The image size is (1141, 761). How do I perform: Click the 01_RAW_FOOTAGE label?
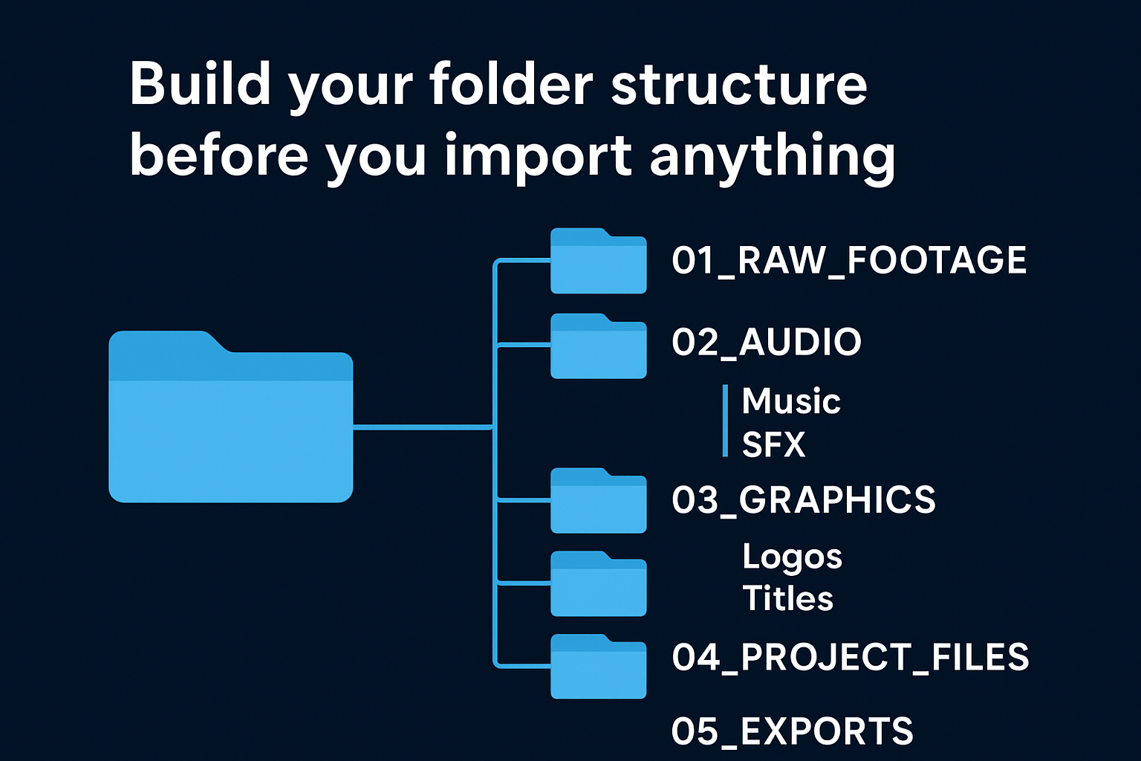click(x=848, y=260)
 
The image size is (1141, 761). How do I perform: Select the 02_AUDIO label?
click(x=766, y=342)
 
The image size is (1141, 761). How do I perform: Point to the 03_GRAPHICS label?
click(x=803, y=499)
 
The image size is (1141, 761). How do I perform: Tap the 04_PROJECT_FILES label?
click(x=850, y=657)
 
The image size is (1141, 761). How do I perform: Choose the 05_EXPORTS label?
click(x=792, y=731)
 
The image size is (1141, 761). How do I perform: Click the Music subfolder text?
click(x=790, y=401)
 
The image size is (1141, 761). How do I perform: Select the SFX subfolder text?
click(x=773, y=444)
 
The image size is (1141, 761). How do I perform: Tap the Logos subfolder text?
click(x=792, y=557)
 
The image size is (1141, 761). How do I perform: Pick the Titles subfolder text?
click(x=787, y=598)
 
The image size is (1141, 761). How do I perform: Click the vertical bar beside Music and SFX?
click(x=725, y=421)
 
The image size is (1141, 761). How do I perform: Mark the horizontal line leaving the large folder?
click(x=422, y=427)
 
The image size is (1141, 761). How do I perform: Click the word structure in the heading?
click(x=738, y=84)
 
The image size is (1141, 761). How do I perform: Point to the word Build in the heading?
click(x=200, y=84)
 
